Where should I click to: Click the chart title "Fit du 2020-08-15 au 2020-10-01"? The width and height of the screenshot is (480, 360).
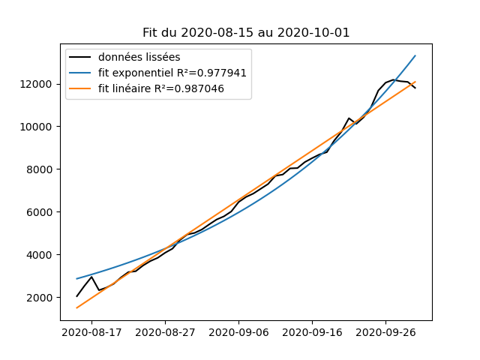(x=246, y=33)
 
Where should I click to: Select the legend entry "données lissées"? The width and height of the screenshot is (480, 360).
(x=139, y=57)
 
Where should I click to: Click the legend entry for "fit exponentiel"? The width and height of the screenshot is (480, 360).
(x=172, y=73)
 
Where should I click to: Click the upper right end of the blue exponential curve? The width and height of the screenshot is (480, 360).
(x=415, y=55)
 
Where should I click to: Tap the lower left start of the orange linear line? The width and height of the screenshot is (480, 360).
(x=76, y=307)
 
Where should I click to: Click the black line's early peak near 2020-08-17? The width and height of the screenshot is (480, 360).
(x=91, y=277)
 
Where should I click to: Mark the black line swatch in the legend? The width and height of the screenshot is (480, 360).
(x=82, y=57)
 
